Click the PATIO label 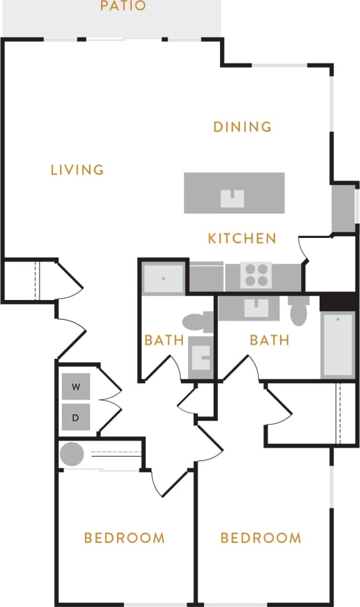[x=123, y=6]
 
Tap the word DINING [x=242, y=127]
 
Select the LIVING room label [x=77, y=169]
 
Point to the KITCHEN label [x=242, y=239]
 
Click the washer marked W [x=76, y=387]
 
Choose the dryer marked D [x=76, y=418]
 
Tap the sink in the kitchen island [x=233, y=199]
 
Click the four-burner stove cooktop [x=256, y=276]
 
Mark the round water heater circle [x=72, y=455]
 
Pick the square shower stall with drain [x=164, y=279]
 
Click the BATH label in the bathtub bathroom [x=270, y=340]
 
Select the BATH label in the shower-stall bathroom [x=164, y=340]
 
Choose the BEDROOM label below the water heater [x=125, y=538]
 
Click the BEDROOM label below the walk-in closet [x=261, y=538]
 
